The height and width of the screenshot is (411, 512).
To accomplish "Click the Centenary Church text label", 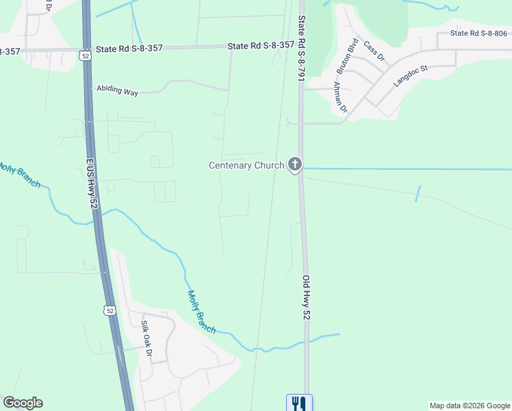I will click(x=246, y=165).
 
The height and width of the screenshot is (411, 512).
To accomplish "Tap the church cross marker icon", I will click(x=295, y=164).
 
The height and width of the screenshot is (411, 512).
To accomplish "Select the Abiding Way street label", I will click(x=117, y=90).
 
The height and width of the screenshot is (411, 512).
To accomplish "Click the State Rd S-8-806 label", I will click(x=478, y=33).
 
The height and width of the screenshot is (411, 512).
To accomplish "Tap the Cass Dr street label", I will click(x=374, y=51).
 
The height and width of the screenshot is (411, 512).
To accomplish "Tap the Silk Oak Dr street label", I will click(x=146, y=338).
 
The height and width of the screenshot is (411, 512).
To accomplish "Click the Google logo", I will click(x=23, y=403).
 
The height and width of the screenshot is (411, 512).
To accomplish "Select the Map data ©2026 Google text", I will click(x=470, y=406).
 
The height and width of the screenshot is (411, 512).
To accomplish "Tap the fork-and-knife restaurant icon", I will click(x=299, y=403).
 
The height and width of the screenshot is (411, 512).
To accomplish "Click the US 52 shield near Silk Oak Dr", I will click(x=110, y=310).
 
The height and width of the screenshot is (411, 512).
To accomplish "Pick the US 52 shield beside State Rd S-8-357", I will click(x=84, y=53).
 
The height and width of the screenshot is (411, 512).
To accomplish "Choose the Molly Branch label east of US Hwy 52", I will click(x=201, y=312).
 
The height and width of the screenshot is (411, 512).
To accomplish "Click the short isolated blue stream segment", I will click(x=418, y=194).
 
